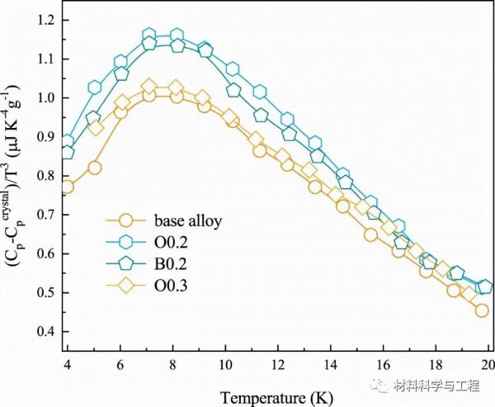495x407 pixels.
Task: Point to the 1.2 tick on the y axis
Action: coord(47,20)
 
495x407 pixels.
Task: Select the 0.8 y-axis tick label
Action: coord(47,176)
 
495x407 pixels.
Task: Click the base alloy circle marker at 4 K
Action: coord(67,187)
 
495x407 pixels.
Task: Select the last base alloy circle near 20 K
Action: coord(482,310)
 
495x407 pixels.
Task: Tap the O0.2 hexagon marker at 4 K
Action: coord(68,142)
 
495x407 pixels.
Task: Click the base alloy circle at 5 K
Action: coord(94,168)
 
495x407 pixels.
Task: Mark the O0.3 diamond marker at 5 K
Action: coord(95,128)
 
